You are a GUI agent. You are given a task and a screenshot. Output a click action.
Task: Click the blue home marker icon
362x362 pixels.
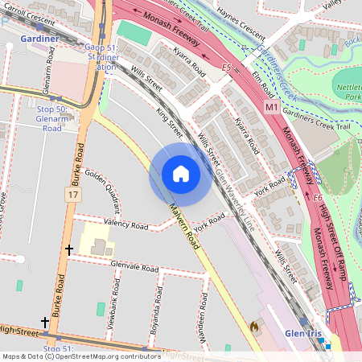click(181, 174)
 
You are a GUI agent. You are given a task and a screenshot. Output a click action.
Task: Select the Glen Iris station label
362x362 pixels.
click(306, 334)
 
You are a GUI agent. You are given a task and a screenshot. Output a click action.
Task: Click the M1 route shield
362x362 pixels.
click(270, 105)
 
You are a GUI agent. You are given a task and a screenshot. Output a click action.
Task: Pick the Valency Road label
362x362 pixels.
click(125, 224)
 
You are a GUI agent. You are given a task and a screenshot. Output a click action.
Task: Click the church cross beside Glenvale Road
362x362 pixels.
click(68, 250)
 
